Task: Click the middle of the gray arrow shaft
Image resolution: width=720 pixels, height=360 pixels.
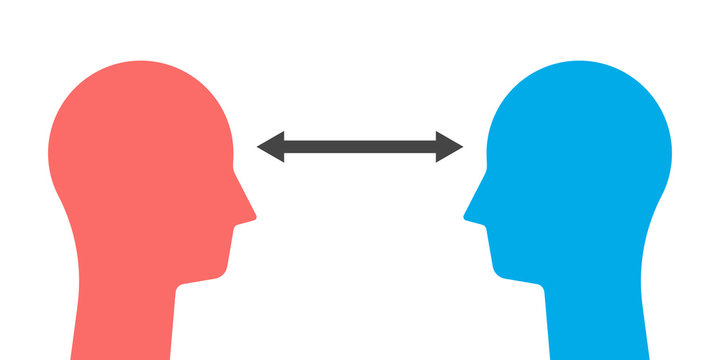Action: pyautogui.click(x=360, y=147)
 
